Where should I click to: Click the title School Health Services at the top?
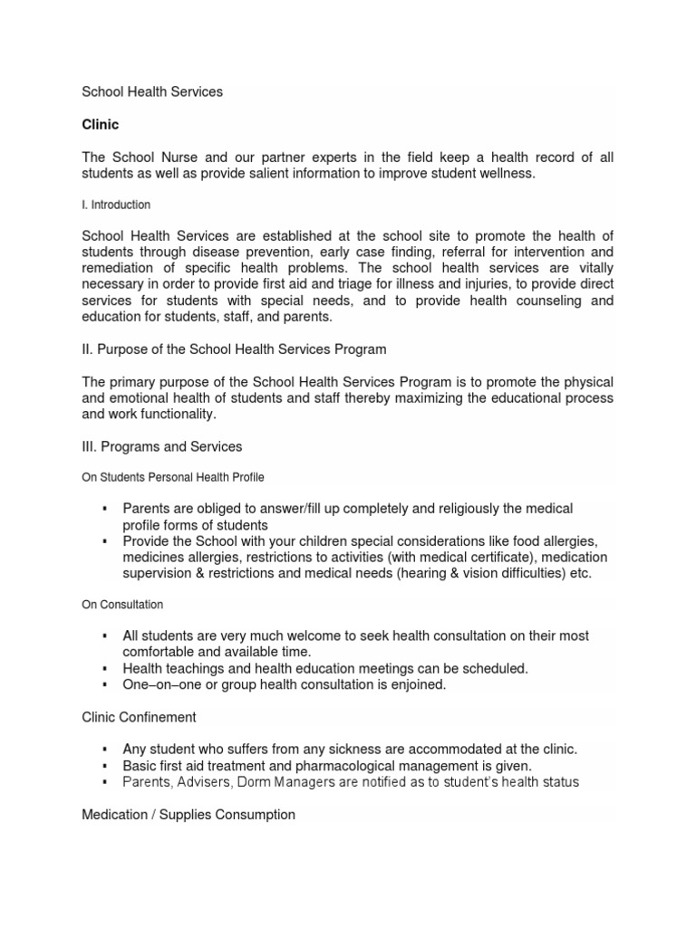click(152, 92)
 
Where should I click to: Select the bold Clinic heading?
click(100, 125)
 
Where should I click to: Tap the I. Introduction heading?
click(116, 205)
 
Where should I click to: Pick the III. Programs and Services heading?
click(162, 446)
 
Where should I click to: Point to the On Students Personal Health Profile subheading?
click(173, 476)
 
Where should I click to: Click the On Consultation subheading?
click(122, 604)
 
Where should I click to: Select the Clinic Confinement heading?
click(140, 717)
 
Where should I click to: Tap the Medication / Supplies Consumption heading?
click(188, 815)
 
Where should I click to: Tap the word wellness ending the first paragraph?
click(504, 174)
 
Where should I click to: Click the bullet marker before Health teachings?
click(106, 668)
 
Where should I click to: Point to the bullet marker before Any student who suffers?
click(106, 750)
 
